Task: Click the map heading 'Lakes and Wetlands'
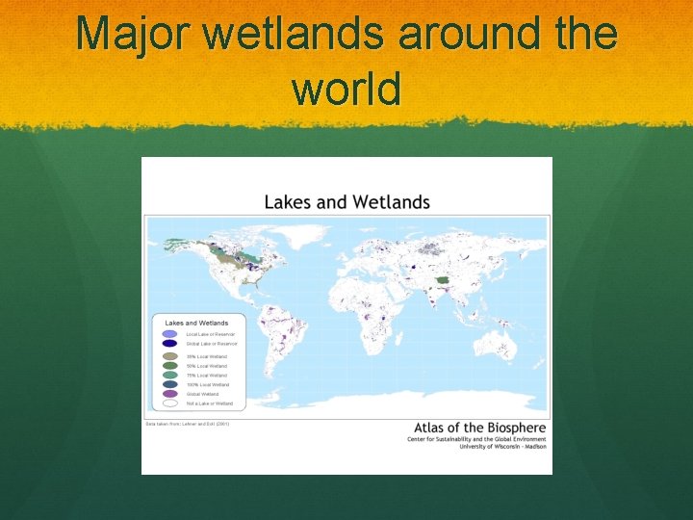click(x=346, y=202)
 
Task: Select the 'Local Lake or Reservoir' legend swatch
click(x=169, y=333)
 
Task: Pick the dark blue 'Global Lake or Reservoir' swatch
click(x=169, y=343)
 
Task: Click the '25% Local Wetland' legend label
click(x=207, y=356)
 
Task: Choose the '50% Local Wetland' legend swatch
click(x=169, y=366)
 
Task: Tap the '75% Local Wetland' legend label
click(x=207, y=376)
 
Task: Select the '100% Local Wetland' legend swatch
click(x=169, y=384)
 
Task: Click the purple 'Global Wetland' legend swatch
click(x=169, y=394)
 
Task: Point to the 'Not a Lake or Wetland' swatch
click(x=169, y=403)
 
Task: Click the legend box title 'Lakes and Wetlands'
click(x=196, y=323)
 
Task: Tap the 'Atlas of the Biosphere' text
click(x=479, y=428)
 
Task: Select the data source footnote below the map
click(x=188, y=424)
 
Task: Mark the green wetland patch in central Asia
click(x=443, y=281)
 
